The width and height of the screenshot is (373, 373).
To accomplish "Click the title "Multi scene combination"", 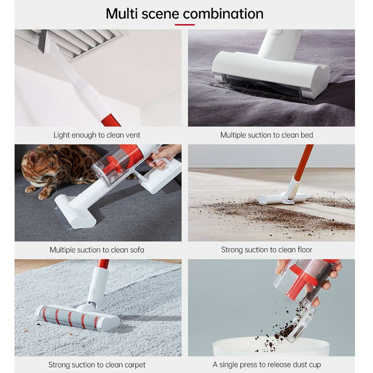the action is [x=185, y=14].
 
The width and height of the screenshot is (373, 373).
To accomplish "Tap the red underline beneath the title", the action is [x=185, y=25].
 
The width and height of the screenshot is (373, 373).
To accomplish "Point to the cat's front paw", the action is [x=44, y=195].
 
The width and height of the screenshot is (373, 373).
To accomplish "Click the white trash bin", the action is [x=271, y=347].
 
